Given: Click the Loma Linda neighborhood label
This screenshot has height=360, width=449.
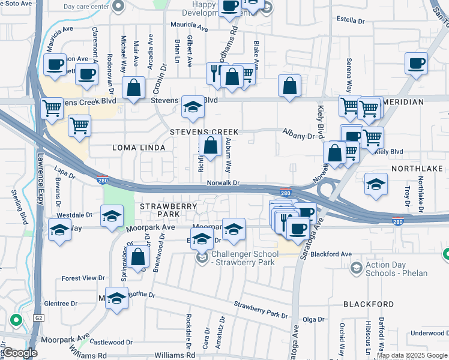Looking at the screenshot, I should pos(130,147).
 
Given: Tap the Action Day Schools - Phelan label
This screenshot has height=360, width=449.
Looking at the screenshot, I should pos(396,269).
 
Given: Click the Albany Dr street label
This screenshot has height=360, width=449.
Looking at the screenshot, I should pos(299,136).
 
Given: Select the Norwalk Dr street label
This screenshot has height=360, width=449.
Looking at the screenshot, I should pos(223,183).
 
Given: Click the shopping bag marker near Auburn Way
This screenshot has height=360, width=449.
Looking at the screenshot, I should pos(210,145).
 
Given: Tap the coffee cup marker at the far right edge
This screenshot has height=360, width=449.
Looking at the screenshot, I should pos(415,62).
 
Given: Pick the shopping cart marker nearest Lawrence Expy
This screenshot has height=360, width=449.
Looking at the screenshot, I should pos(52,108).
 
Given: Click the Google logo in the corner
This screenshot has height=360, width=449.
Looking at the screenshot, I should pos(19,353).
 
